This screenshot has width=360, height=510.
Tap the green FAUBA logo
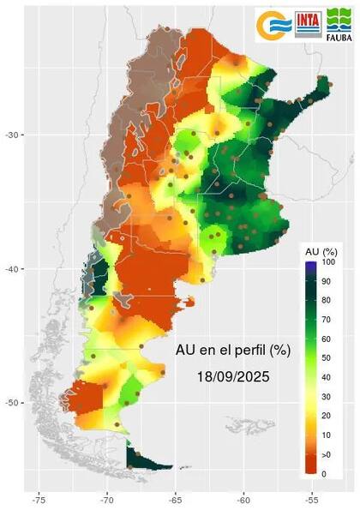pos(339,24)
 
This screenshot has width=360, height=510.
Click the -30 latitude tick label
pos(13,135)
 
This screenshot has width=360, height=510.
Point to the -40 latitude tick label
pos(13,269)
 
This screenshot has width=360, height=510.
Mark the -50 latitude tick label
pos(13,403)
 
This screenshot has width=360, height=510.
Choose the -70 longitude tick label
pos(107,496)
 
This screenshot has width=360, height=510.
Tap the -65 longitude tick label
pos(176,496)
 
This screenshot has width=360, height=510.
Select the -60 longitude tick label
pos(243,496)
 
